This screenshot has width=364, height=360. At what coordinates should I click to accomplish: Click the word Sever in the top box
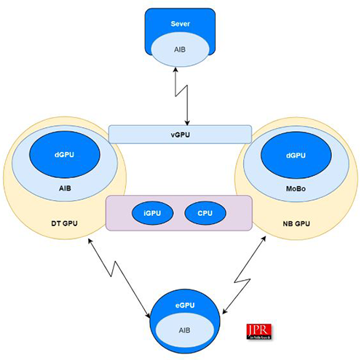click(180, 24)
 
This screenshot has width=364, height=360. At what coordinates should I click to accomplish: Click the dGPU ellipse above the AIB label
click(64, 155)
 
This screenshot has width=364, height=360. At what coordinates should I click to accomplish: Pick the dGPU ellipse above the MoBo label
click(296, 155)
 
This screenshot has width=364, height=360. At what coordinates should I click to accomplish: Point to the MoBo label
click(296, 186)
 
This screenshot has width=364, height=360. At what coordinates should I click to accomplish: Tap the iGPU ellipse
click(151, 213)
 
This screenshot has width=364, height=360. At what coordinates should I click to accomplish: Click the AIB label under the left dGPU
click(64, 186)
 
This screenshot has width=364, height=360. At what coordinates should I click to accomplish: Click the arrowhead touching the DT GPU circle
click(90, 240)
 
